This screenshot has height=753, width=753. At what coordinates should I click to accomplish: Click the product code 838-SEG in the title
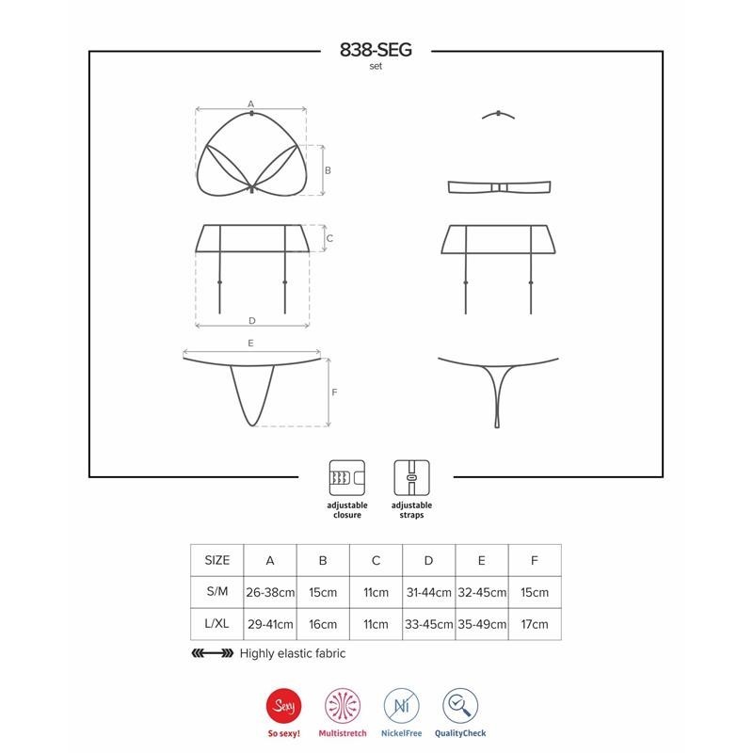(x=376, y=50)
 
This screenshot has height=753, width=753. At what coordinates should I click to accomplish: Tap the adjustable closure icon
(x=346, y=478)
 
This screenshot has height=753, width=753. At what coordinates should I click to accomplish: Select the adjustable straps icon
(x=411, y=478)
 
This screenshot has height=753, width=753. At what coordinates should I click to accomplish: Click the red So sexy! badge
(x=284, y=706)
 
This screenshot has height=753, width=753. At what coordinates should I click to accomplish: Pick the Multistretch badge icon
(x=343, y=706)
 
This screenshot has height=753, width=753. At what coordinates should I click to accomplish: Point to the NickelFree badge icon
(x=402, y=706)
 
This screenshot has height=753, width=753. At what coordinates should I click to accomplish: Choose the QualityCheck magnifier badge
(x=460, y=706)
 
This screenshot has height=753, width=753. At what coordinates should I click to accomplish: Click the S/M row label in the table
(x=217, y=592)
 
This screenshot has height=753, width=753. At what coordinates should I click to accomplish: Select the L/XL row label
(x=216, y=624)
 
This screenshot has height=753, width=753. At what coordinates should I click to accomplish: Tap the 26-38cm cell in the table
(x=270, y=593)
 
